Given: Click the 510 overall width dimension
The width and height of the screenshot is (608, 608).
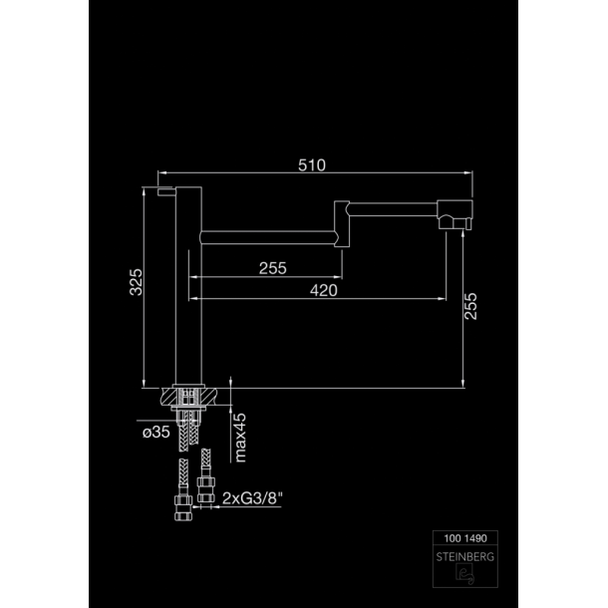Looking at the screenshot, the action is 312,165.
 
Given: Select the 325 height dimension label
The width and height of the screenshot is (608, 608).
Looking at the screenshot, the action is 137,282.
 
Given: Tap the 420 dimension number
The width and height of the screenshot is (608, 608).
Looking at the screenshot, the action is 323,290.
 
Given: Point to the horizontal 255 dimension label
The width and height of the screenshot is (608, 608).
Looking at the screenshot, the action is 272,268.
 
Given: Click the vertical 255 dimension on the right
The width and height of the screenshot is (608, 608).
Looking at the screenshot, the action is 470,306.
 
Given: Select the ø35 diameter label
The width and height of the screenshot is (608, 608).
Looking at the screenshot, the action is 155,432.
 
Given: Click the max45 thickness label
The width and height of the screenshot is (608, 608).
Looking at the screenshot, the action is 240,438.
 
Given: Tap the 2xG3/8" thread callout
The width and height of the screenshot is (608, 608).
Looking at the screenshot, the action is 252,498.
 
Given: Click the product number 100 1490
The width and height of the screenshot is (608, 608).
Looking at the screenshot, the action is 465,538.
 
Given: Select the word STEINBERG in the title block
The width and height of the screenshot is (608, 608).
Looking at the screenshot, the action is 465,557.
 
